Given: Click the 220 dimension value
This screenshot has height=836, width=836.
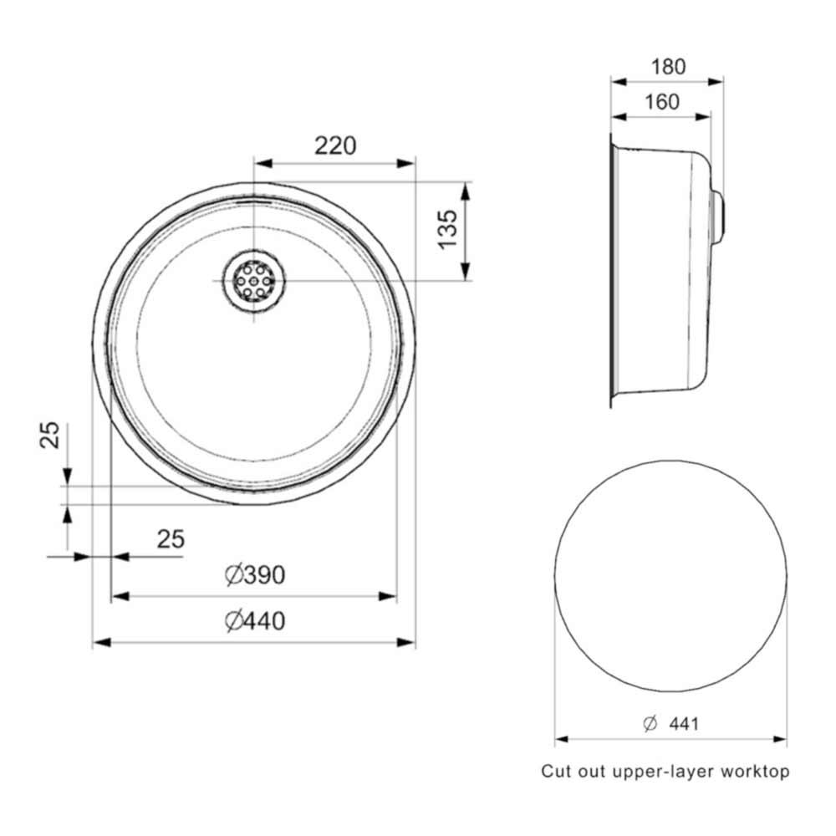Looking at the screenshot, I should (x=335, y=146).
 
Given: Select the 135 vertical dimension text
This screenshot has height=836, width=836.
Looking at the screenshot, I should (x=447, y=227).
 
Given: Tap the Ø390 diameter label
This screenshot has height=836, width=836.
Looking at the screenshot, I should (x=256, y=575).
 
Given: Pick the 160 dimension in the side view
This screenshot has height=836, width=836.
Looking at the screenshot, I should (x=661, y=102).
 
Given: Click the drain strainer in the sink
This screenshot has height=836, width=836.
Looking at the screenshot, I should (x=254, y=281).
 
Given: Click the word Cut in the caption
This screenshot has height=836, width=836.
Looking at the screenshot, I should (x=556, y=772).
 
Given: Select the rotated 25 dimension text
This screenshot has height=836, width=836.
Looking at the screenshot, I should (x=52, y=436).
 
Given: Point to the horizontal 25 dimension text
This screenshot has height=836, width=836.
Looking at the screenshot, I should (x=171, y=539).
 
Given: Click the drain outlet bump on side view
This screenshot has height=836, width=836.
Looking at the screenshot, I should (x=717, y=215).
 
